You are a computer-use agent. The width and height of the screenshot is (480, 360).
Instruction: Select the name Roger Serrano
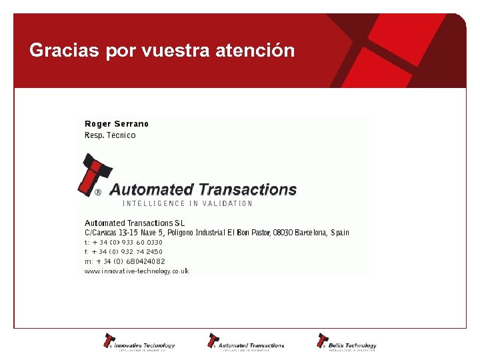(117, 124)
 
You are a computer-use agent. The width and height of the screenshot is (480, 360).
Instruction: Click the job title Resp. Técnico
(110, 135)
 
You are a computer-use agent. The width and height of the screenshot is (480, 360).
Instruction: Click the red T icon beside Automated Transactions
(93, 174)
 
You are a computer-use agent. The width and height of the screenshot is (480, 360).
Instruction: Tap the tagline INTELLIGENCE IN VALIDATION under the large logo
(187, 203)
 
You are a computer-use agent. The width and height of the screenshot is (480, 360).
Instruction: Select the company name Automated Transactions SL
(135, 223)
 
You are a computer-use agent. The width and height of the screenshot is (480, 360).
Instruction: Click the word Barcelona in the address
(309, 233)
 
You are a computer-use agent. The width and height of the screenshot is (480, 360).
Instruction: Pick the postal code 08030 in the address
(281, 233)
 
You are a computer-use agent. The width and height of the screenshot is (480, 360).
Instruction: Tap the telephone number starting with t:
(123, 243)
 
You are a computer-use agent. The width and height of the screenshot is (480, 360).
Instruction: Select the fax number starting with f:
(123, 252)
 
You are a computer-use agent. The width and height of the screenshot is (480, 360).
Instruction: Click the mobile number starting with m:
(125, 262)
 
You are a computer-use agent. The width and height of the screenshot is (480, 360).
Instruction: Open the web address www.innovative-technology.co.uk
(137, 271)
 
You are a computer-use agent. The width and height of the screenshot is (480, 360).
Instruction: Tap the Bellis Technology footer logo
(347, 342)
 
